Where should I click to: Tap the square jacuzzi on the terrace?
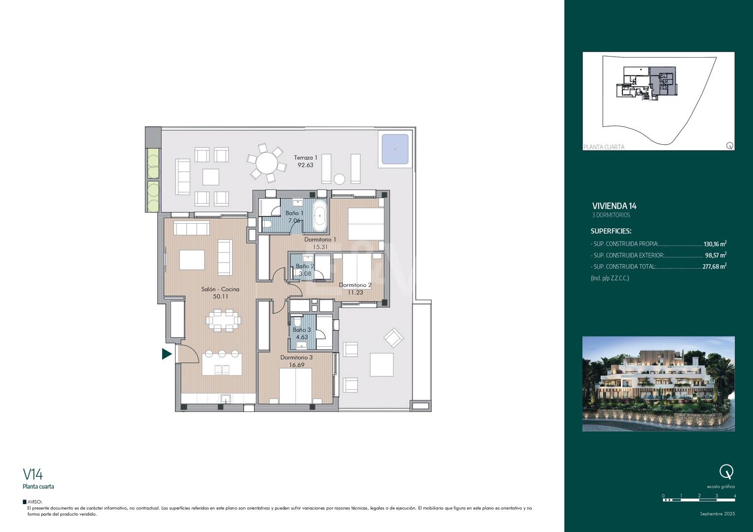[395, 149]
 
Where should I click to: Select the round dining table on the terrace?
[267, 163]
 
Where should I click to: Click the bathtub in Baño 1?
[319, 215]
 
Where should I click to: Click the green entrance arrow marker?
[167, 354]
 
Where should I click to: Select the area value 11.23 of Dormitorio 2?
[355, 293]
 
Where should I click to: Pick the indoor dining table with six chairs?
[223, 320]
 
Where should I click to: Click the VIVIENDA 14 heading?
[614, 206]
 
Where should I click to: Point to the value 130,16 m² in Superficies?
[715, 244]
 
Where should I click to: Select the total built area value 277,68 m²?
[715, 266]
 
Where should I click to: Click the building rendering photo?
[658, 384]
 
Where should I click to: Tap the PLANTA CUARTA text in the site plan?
[604, 147]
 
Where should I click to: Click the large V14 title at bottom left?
[33, 474]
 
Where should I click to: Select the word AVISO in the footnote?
[34, 502]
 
